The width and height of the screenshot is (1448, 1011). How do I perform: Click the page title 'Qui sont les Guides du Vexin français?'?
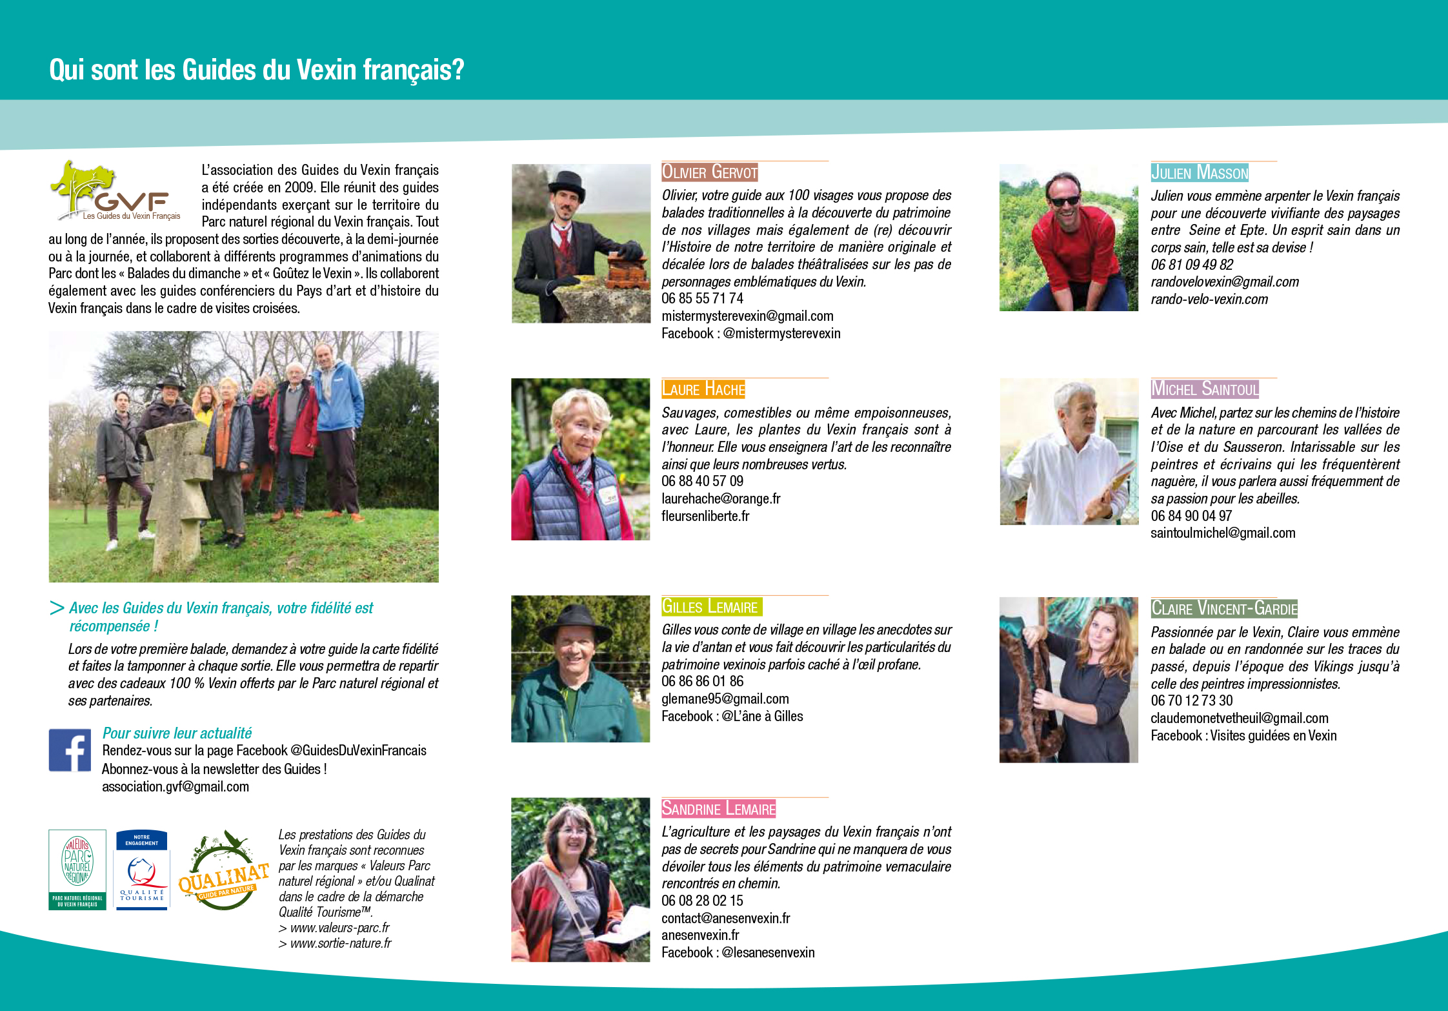coord(256,70)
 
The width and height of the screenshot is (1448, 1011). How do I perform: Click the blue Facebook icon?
coord(70,750)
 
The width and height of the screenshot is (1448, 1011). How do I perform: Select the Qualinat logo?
coord(223,870)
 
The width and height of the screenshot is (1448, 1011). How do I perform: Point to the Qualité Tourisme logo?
coord(142,870)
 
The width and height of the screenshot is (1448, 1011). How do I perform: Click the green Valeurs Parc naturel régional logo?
coord(77,870)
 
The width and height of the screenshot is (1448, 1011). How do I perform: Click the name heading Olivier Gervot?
coord(710,172)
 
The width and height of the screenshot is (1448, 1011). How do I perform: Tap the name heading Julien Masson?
coord(1200,172)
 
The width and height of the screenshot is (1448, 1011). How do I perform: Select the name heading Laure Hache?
coord(703,389)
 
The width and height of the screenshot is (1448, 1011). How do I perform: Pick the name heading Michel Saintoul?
coord(1205,389)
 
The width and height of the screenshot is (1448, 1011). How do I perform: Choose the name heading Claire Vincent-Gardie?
coord(1224,608)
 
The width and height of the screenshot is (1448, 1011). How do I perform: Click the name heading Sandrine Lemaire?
coord(718,808)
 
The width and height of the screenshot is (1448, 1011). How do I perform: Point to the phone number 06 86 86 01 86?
coord(702,681)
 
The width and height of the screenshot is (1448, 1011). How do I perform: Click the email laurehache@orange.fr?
coord(721,498)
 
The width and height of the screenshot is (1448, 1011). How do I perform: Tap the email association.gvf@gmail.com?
coord(176,786)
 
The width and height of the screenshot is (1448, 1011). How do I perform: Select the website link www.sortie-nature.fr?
coord(340,943)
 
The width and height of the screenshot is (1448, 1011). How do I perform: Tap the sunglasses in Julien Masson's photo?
coord(1065,201)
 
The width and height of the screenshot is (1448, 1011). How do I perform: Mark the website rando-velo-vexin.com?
coord(1209,299)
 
